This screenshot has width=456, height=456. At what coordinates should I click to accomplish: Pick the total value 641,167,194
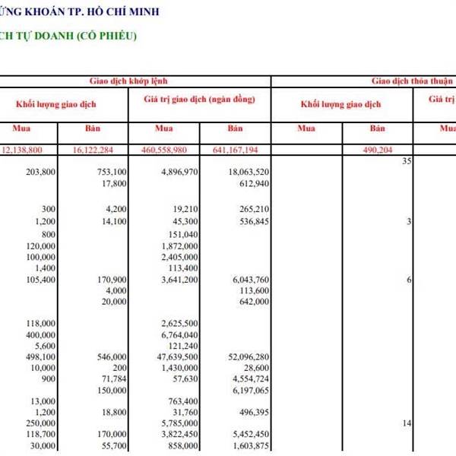click(237, 150)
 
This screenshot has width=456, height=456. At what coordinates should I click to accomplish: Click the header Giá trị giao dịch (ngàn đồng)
click(198, 99)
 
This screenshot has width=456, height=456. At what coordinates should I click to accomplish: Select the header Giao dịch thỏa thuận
click(411, 80)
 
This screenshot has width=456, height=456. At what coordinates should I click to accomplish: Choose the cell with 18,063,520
click(244, 173)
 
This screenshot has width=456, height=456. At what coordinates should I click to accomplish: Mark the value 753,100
click(108, 173)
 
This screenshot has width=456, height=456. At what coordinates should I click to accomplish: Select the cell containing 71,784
click(112, 378)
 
